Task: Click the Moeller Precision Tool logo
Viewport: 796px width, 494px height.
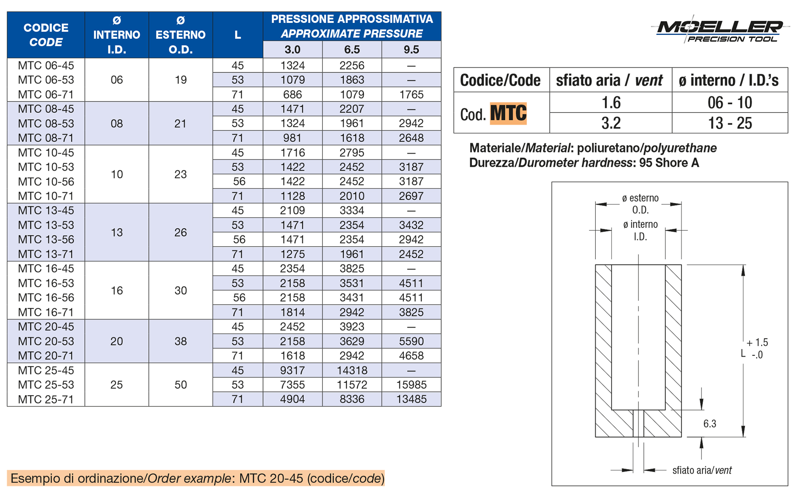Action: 721,30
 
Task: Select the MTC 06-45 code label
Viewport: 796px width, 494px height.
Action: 46,66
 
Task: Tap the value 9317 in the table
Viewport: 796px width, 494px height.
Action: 292,370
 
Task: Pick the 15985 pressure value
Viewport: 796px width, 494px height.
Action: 411,385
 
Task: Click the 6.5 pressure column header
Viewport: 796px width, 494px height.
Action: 352,50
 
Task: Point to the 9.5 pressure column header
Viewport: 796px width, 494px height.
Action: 411,50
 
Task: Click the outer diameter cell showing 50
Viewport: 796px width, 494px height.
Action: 180,385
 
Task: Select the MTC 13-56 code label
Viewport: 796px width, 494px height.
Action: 46,240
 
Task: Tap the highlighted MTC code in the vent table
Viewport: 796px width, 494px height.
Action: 508,113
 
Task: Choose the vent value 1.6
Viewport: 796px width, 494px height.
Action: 611,103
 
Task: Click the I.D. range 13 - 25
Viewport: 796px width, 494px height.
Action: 730,123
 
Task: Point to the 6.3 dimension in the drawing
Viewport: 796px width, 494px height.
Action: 710,424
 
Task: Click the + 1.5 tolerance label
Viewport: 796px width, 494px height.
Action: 757,343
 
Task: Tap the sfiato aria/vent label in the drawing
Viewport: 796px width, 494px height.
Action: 702,470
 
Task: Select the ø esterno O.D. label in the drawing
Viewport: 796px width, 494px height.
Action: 640,204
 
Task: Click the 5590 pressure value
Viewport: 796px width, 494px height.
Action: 411,341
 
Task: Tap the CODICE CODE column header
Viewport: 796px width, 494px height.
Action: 46,35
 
